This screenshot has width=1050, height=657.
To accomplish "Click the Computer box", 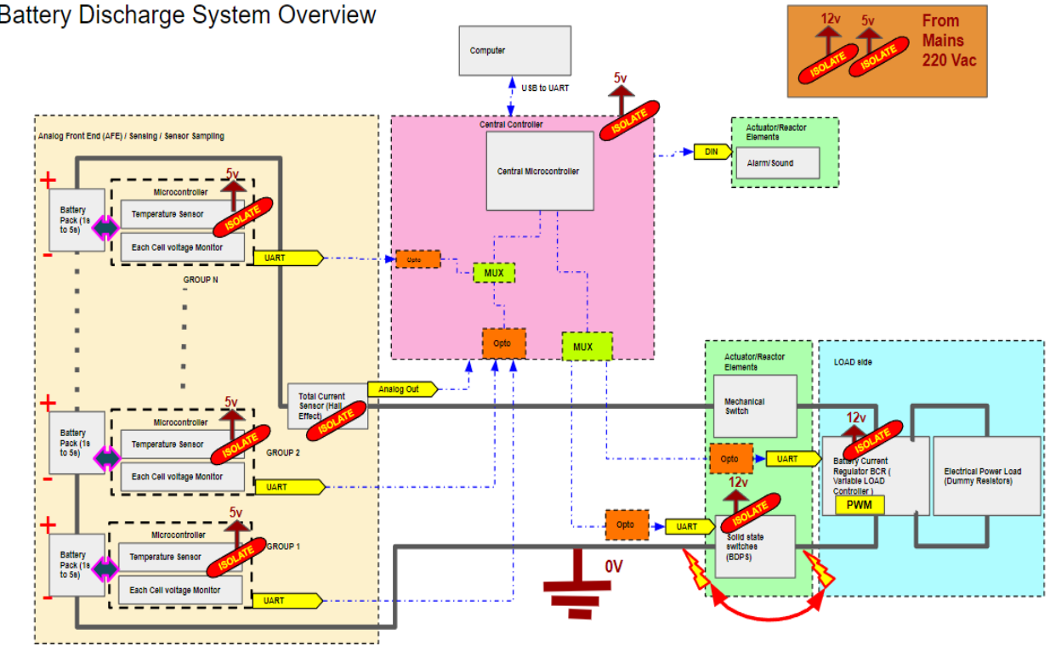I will (x=514, y=50).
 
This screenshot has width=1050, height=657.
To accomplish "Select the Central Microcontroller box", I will (x=539, y=171).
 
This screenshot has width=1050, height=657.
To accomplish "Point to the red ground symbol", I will (x=577, y=583).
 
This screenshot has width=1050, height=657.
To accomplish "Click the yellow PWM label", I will (x=860, y=505).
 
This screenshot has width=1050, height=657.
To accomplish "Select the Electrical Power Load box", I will (x=986, y=476).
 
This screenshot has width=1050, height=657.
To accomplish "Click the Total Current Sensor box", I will (x=328, y=405).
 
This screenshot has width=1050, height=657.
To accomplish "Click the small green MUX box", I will (x=493, y=274).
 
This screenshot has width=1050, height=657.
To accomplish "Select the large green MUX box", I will (x=587, y=347).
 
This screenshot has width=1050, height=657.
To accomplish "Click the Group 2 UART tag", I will (x=289, y=487).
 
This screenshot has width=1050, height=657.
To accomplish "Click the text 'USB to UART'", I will (x=545, y=88).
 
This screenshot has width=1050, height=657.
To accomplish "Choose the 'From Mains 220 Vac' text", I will (x=949, y=41).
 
